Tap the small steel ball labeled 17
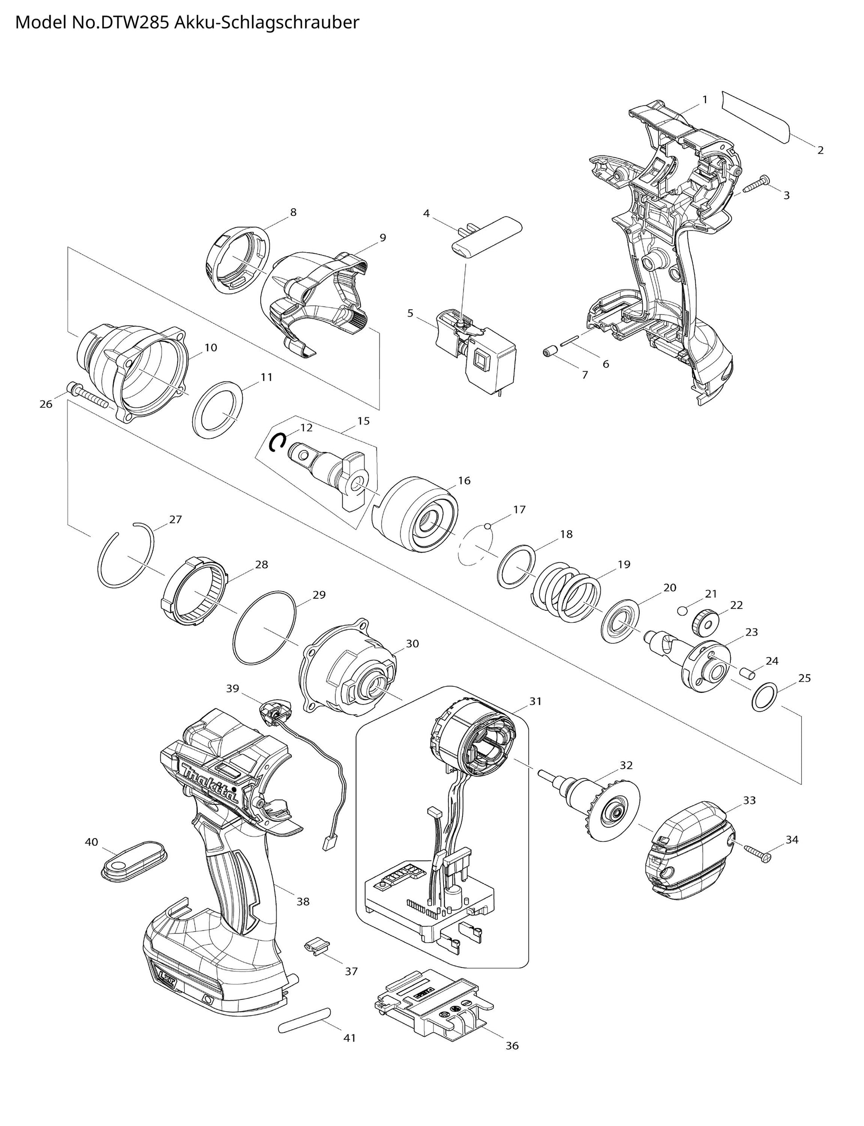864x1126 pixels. pos(487,526)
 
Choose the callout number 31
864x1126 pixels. pos(535,700)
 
